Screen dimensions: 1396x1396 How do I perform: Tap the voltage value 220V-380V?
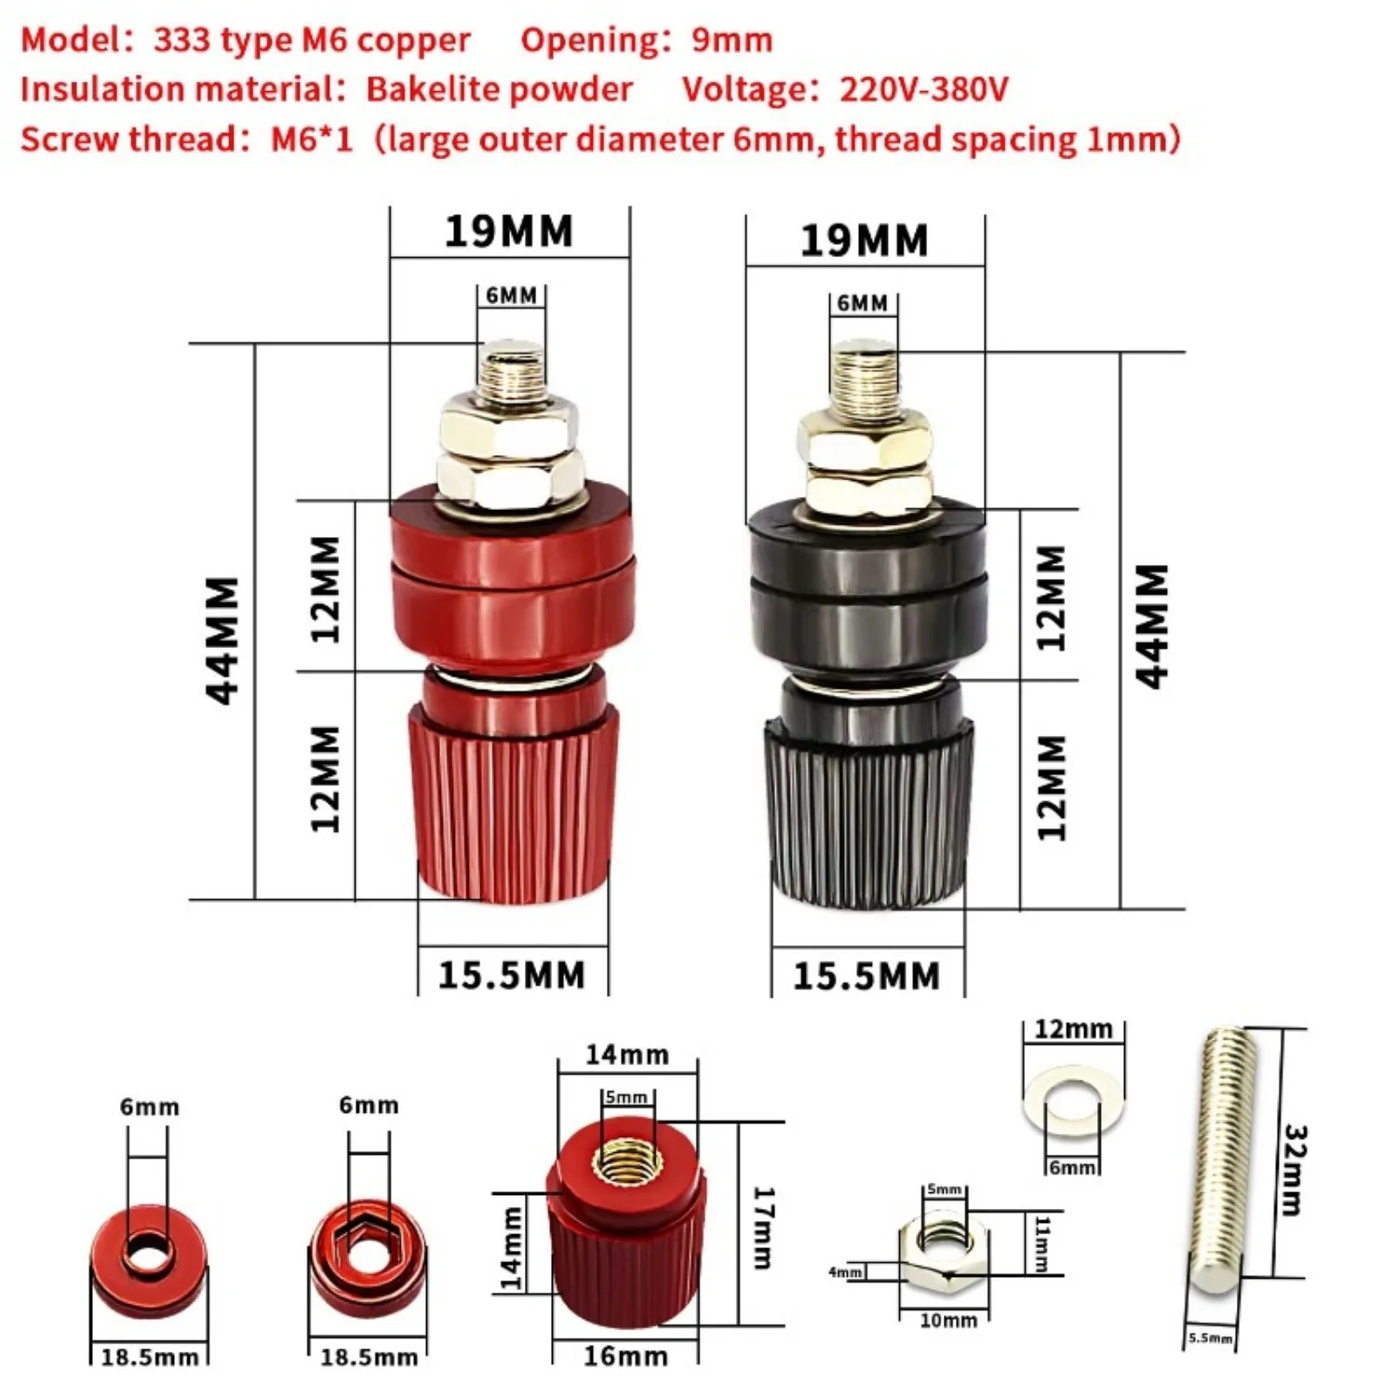tap(923, 89)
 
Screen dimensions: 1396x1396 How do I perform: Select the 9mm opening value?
tap(732, 40)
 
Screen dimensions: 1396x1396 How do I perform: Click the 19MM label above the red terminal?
tap(508, 232)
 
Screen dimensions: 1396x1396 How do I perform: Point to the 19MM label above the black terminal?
tap(864, 241)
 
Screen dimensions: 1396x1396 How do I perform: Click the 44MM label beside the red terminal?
tap(222, 640)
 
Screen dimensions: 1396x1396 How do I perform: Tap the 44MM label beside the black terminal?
tap(1151, 625)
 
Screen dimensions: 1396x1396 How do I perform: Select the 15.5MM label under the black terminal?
tap(866, 976)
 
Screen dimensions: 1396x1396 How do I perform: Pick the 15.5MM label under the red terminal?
tap(512, 975)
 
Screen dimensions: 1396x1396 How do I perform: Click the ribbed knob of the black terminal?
tap(868, 810)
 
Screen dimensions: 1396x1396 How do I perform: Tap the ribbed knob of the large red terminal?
tap(512, 800)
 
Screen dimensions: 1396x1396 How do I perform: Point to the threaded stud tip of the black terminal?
tap(865, 377)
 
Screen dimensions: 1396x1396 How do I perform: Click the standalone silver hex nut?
tap(944, 1252)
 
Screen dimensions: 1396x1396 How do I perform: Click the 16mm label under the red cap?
tap(625, 1356)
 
